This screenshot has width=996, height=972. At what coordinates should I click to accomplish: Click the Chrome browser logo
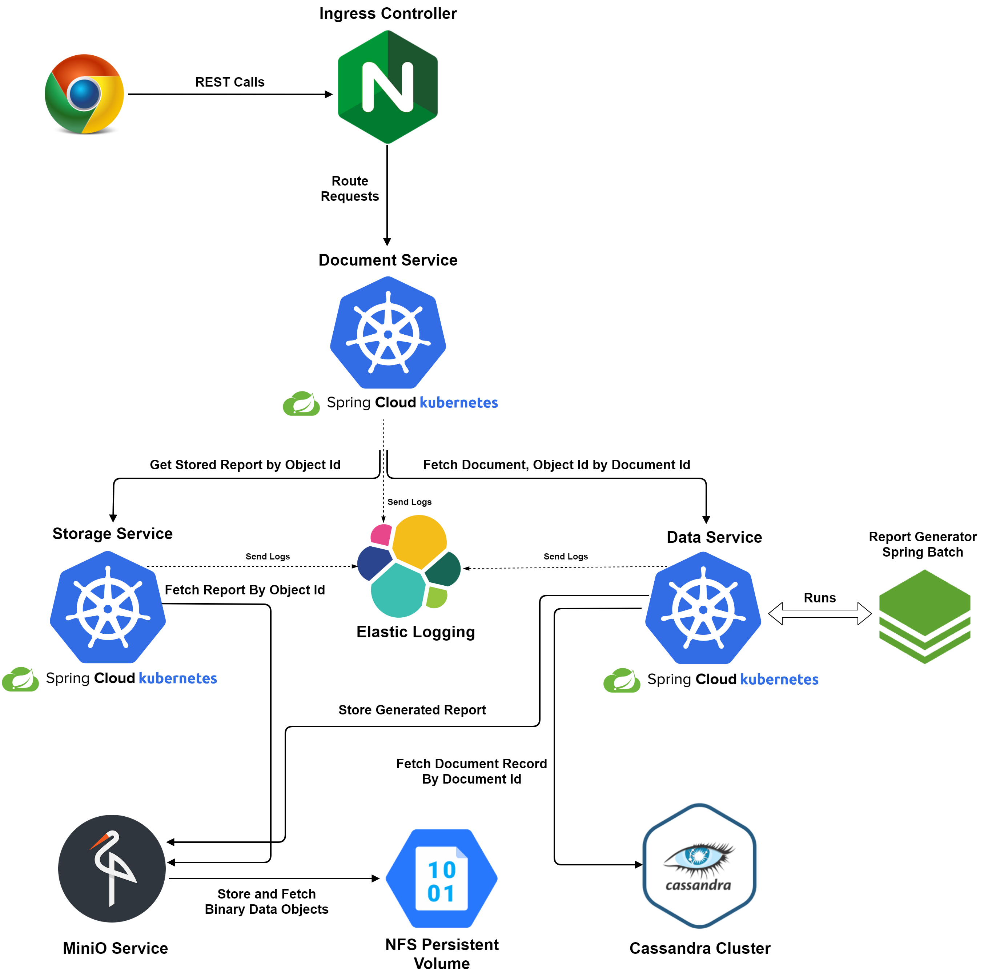[84, 93]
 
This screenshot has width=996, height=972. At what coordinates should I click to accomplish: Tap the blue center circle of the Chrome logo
[84, 93]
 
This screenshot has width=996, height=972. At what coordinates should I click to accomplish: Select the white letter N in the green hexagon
[388, 87]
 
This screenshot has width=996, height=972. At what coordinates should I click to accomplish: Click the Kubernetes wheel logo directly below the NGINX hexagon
[388, 333]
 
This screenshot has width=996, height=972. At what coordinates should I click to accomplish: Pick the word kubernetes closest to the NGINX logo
[458, 403]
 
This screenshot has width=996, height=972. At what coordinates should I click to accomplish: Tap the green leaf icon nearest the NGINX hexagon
[301, 404]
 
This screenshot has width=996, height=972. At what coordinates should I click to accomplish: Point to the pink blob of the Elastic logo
[381, 534]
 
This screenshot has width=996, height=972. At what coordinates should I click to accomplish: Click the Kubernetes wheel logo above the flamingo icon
[108, 607]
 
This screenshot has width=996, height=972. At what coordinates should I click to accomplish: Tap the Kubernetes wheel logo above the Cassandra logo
[703, 609]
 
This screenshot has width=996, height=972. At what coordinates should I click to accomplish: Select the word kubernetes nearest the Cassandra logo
[779, 680]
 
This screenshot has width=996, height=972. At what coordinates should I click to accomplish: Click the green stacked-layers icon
[924, 616]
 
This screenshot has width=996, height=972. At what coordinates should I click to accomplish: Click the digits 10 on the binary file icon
[441, 870]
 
